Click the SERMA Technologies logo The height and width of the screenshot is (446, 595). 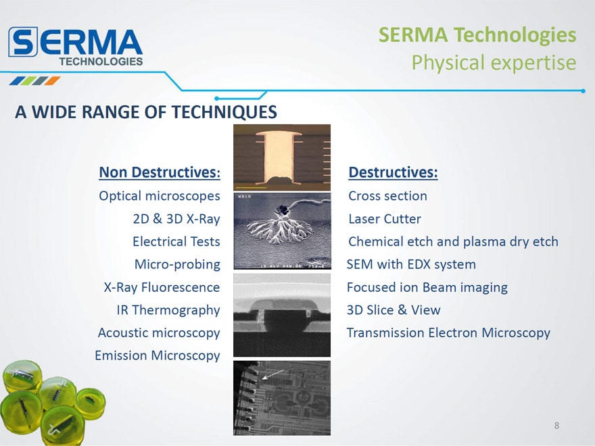point(76,46)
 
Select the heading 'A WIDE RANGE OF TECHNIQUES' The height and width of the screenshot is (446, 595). point(146,112)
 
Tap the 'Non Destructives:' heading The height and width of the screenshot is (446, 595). point(160,172)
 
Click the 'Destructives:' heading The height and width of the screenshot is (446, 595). point(393,172)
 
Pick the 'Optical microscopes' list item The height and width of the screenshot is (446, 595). point(160,196)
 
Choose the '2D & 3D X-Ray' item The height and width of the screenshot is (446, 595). point(176,219)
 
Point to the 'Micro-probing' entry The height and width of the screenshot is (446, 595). point(177,264)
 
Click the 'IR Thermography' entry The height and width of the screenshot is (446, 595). point(168,310)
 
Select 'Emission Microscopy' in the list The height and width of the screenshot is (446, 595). point(158,355)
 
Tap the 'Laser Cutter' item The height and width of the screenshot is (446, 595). point(385,219)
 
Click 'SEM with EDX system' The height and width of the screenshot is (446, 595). point(411,264)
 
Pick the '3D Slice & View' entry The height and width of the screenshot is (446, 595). point(394,310)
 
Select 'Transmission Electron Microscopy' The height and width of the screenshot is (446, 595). point(448,332)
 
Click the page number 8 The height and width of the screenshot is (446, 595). point(556,426)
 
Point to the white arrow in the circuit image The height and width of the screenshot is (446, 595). point(273,374)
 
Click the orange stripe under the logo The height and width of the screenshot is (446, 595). point(52,81)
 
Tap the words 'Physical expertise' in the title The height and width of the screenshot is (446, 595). point(494,63)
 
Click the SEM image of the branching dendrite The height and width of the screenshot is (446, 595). point(282,231)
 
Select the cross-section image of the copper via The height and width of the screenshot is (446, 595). point(282,157)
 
